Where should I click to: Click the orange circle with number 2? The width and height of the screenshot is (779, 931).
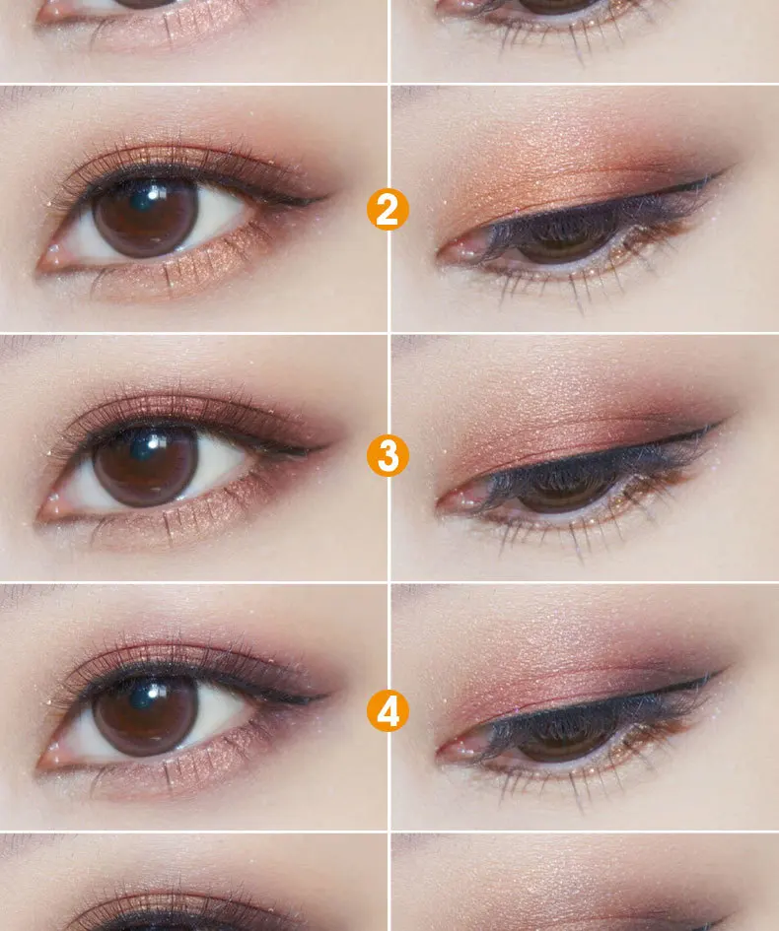[x=388, y=210]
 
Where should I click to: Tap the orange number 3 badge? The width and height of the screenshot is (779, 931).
[x=388, y=456]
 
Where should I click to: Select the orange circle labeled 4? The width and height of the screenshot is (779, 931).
[x=388, y=710]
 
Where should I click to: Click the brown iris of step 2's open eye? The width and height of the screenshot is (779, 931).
[x=146, y=218]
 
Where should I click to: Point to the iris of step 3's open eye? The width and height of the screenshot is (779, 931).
[x=146, y=467]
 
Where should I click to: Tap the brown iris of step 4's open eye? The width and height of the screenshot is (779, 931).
[x=146, y=716]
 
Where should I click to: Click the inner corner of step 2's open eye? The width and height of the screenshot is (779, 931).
[x=40, y=267]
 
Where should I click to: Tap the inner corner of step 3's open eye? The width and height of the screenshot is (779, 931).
[x=40, y=516]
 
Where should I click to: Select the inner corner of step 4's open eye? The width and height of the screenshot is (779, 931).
[x=40, y=765]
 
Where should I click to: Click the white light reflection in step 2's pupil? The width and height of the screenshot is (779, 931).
[x=154, y=193]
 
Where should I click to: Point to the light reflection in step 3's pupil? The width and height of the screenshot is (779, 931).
[x=154, y=442]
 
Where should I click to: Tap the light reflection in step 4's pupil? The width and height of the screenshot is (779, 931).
[x=154, y=692]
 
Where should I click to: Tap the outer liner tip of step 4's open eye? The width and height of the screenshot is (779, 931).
[x=326, y=695]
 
